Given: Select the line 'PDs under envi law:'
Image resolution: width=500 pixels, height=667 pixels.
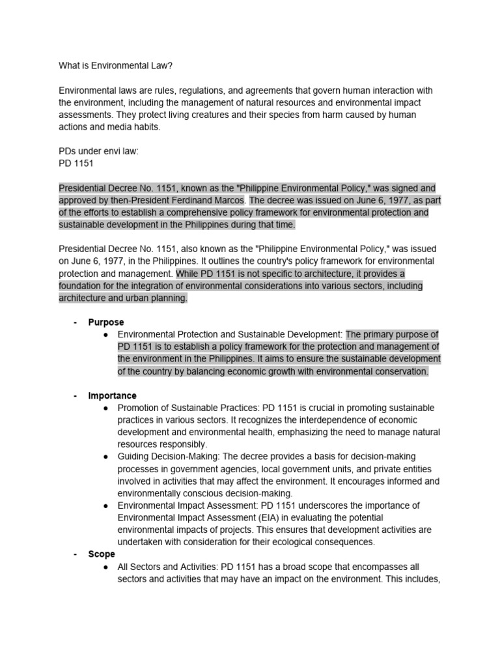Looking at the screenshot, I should point(98,151).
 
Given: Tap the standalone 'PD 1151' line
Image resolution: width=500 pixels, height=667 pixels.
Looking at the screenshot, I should point(76,163).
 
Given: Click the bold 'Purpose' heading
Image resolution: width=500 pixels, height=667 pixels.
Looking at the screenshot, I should point(106,322).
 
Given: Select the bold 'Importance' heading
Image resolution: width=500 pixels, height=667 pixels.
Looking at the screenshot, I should point(113,395).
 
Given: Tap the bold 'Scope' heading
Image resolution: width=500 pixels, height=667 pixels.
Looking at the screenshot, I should point(102,554).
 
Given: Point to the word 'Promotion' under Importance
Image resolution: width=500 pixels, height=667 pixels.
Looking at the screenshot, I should point(139,408).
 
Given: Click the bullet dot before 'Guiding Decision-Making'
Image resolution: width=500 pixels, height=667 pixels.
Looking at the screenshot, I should point(105,457).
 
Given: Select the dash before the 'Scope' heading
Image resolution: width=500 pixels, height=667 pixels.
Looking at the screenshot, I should point(76,554).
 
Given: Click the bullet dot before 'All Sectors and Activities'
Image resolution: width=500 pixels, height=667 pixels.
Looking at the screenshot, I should point(105,567).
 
